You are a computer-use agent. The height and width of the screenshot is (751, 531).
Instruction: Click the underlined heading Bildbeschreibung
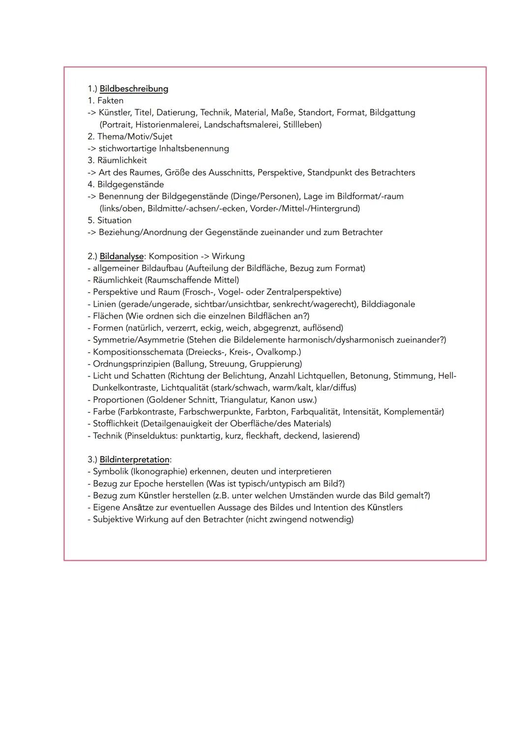[134, 89]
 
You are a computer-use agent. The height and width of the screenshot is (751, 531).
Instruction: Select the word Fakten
[110, 101]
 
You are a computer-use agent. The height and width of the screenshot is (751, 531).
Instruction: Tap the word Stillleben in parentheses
[302, 125]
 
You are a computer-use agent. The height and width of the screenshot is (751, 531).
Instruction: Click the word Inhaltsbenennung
[194, 149]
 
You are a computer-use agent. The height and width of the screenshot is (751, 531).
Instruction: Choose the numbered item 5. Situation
[110, 220]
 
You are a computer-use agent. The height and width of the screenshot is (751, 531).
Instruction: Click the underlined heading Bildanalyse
[121, 257]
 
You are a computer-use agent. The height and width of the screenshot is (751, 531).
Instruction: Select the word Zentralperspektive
[303, 292]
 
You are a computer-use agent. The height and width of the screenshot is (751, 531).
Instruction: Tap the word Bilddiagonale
[388, 304]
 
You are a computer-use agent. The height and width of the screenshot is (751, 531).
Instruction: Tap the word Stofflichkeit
[116, 423]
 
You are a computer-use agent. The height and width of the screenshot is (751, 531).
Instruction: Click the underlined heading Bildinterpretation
[134, 460]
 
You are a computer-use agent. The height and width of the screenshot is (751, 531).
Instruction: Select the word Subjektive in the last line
[113, 519]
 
